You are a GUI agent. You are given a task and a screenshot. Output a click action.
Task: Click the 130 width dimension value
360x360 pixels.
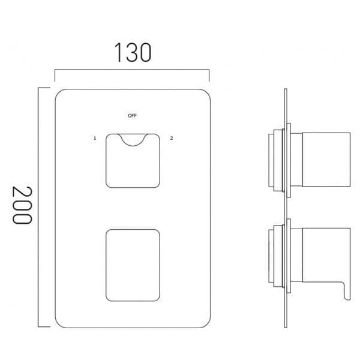tap(133, 53)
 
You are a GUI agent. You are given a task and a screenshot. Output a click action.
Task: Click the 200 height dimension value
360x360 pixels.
tap(22, 205)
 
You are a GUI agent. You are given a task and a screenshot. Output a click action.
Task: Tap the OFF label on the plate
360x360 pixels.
tap(132, 116)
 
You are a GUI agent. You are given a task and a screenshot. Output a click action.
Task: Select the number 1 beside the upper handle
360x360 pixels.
tap(95, 138)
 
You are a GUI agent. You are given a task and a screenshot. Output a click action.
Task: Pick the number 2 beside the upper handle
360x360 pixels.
tap(171, 138)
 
